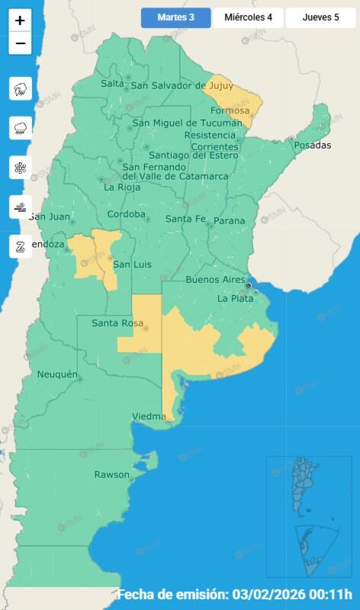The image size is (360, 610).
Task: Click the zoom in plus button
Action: [x=20, y=21]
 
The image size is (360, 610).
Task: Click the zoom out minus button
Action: [x=20, y=43]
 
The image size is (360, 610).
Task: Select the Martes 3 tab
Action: [x=175, y=18]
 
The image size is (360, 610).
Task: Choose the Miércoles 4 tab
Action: [x=248, y=18]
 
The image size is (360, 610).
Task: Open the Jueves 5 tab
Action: [x=320, y=18]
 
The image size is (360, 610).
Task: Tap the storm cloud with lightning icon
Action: [x=20, y=89]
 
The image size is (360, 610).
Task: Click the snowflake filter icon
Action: [x=20, y=167]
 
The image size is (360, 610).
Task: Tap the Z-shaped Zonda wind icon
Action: [x=20, y=246]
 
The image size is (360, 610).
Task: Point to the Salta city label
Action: [x=112, y=83]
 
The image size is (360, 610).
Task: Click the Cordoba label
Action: [x=126, y=214]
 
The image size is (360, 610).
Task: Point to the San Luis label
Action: [x=132, y=265]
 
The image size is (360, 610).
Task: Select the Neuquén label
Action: [x=58, y=374]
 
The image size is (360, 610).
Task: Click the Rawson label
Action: [x=111, y=474]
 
